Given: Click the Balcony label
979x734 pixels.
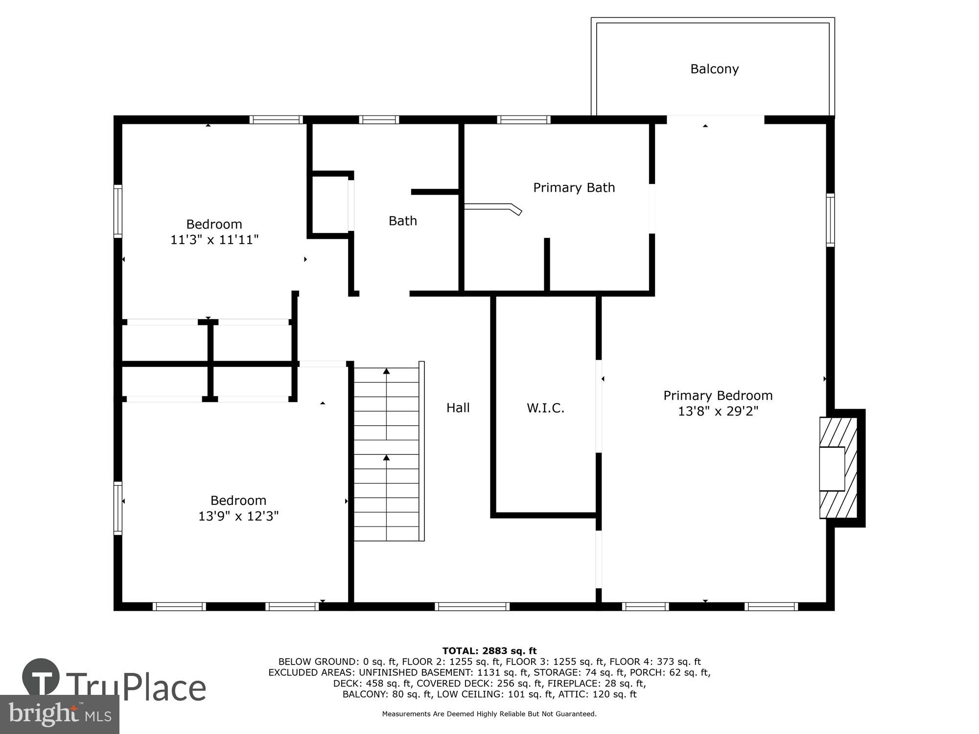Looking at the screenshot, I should click(x=714, y=69).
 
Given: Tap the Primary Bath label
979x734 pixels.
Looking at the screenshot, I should click(x=574, y=187).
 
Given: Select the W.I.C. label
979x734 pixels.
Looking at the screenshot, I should click(x=545, y=408).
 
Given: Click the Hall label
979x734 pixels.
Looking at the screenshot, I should click(x=458, y=408).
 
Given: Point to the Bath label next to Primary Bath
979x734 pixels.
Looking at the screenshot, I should click(x=402, y=221).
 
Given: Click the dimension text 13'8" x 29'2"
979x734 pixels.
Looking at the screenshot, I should click(x=718, y=411).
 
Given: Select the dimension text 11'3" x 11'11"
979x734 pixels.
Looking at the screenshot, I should click(x=214, y=240).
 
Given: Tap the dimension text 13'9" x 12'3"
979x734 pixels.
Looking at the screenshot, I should click(x=238, y=516).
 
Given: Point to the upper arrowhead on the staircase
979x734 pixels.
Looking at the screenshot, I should click(x=386, y=371).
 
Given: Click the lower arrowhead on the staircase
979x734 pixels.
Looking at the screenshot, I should click(x=386, y=458).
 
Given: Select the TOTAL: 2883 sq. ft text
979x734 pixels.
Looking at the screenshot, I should click(x=489, y=651).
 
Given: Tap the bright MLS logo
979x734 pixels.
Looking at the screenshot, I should click(x=59, y=714).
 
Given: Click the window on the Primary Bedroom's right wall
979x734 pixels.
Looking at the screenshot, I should click(x=830, y=220).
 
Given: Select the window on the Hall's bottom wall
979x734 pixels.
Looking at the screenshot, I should click(x=472, y=606).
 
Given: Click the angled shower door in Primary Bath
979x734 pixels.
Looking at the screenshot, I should click(x=493, y=207).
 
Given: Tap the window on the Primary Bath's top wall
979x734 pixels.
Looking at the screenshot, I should click(x=524, y=119).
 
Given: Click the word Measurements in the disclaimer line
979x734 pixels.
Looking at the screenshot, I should click(x=406, y=714).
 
